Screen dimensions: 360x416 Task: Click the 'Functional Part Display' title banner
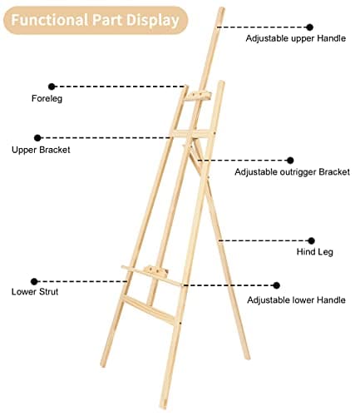coord(96,20)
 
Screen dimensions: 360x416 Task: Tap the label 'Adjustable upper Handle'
coord(296,38)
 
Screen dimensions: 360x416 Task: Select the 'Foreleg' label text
coord(47,98)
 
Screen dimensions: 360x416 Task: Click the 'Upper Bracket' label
coord(41,150)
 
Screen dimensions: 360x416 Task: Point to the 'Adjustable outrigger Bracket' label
coord(292,172)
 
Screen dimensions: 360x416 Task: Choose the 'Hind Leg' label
coord(315,252)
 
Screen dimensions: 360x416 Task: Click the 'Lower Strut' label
coord(35,292)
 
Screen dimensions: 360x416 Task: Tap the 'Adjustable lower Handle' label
coord(296,300)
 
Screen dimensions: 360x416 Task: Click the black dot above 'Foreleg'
coord(52,87)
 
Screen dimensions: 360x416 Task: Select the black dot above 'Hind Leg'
coord(311,240)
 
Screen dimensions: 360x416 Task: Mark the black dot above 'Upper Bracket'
coord(37,138)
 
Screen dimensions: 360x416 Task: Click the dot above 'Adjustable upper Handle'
coord(310,27)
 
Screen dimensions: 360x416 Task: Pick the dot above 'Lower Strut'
coord(34,282)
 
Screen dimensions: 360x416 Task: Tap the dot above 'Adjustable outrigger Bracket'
coord(290,161)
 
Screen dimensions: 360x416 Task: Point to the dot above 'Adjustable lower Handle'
coord(276,285)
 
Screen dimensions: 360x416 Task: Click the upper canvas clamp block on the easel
coord(199,96)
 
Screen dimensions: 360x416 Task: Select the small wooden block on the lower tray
coord(156,271)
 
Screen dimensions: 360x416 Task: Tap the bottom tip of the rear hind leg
coord(247,358)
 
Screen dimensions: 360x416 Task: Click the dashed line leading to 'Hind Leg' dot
coord(264,240)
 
